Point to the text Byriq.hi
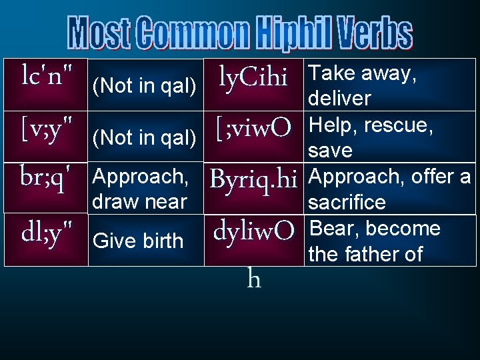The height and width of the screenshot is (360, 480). coord(253,179)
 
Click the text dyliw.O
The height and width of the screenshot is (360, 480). coord(253,231)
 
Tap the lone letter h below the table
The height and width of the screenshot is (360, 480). coord(253,279)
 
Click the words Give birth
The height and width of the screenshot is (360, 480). coord(138,241)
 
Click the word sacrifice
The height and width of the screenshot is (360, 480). coord(347,202)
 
